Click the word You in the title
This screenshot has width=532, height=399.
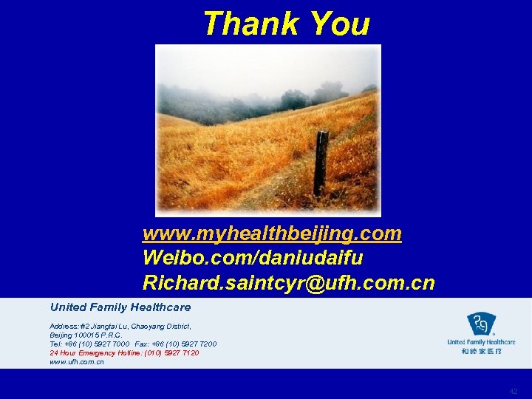click(x=339, y=24)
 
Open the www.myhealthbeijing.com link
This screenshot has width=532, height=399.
click(x=272, y=234)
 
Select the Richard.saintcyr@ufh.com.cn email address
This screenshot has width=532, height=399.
click(x=289, y=283)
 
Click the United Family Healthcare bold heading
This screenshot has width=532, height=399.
click(x=120, y=307)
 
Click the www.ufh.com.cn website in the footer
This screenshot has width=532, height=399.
click(x=77, y=362)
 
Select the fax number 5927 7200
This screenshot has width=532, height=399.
click(x=198, y=344)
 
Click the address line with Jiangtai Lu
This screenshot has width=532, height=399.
click(x=120, y=326)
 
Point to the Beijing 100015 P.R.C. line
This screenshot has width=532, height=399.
click(x=86, y=335)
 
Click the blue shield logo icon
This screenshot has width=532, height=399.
click(x=481, y=324)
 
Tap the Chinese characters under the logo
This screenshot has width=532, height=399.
click(x=482, y=352)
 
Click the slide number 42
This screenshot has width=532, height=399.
click(x=514, y=392)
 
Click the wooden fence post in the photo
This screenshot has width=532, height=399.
click(x=320, y=163)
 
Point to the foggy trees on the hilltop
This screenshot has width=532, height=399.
click(x=296, y=98)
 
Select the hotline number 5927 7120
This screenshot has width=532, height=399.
click(x=182, y=353)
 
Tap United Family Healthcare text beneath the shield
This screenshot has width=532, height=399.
click(x=481, y=343)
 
